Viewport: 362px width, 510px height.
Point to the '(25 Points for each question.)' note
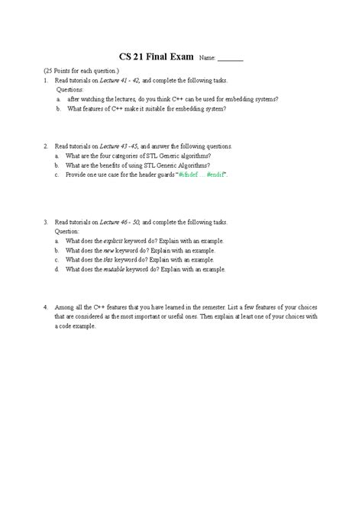81,71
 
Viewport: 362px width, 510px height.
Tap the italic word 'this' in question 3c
108,259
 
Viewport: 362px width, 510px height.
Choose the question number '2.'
46,146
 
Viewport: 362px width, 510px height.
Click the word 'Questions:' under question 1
71,89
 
